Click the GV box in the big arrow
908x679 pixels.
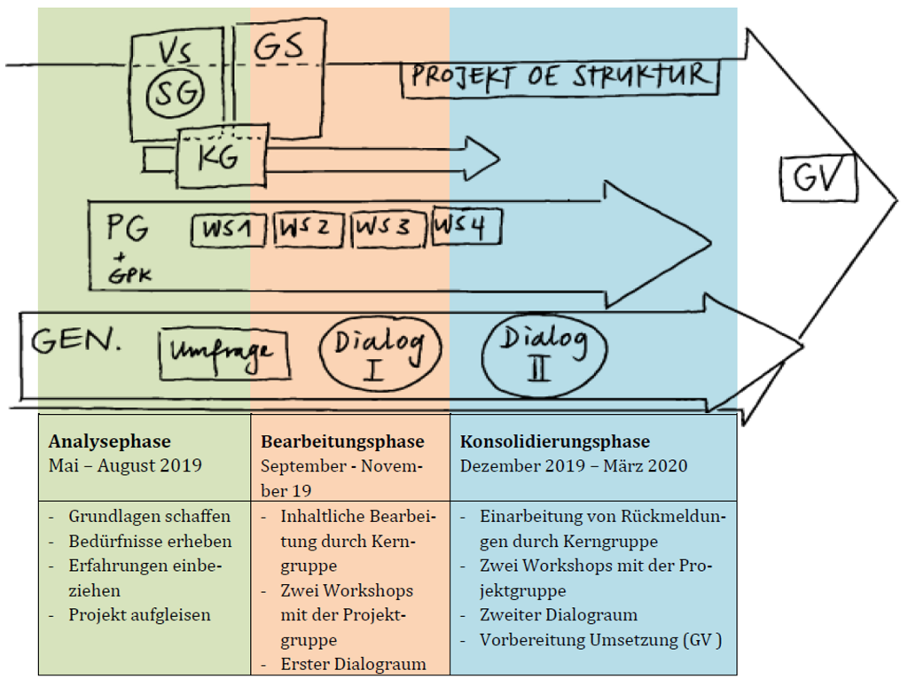818,177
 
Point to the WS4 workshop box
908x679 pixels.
465,227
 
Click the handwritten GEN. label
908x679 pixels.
76,341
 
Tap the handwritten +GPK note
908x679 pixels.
129,268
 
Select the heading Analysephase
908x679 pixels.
110,441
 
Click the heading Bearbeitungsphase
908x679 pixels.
342,441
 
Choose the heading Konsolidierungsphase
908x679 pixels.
554,441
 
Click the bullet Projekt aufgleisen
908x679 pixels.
139,614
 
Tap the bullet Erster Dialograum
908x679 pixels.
353,664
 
